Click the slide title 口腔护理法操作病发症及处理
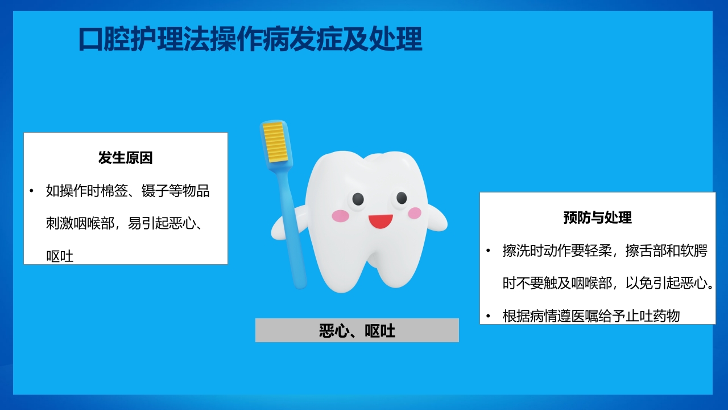[250, 40]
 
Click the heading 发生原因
[126, 158]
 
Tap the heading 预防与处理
[597, 218]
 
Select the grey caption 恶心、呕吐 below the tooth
[357, 331]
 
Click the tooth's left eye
[358, 199]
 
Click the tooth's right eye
[402, 198]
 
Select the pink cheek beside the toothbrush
[340, 216]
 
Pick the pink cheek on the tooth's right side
[415, 213]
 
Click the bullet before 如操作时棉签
[32, 191]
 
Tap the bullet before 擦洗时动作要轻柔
[488, 251]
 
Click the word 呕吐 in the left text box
[60, 256]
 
